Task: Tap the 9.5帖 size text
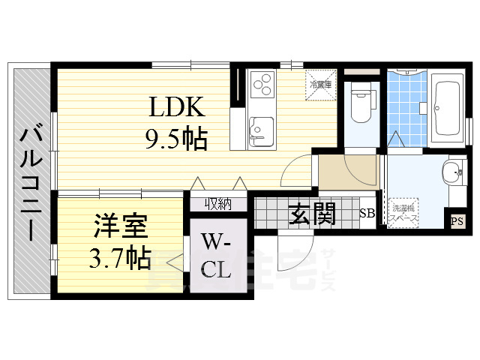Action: (x=176, y=139)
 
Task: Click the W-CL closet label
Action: (x=217, y=255)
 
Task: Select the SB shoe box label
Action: (x=367, y=213)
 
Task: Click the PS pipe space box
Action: (x=456, y=220)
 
